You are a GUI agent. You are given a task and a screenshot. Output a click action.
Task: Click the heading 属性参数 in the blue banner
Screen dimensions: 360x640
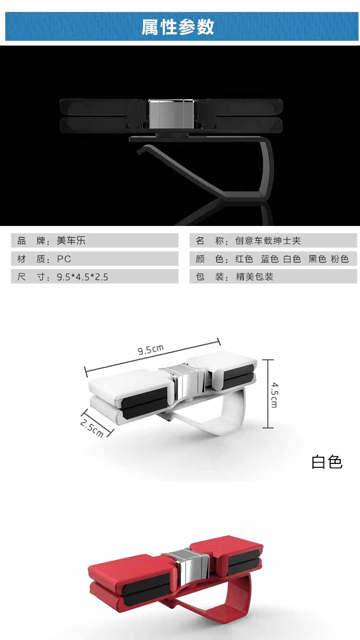pos(178,27)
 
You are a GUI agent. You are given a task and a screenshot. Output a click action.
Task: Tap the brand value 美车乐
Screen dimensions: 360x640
pos(71,240)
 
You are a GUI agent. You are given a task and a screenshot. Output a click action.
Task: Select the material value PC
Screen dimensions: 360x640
pos(64,259)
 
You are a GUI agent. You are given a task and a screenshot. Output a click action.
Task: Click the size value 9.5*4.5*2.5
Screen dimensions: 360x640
pos(83,277)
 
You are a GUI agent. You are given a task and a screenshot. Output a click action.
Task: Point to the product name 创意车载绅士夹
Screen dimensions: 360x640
pos(268,240)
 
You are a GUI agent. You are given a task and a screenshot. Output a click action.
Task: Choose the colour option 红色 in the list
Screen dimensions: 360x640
pos(244,259)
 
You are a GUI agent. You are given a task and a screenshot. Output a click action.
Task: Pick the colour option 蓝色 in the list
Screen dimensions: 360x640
pos(270,259)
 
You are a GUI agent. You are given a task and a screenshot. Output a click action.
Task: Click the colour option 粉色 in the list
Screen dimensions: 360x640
pos(340,259)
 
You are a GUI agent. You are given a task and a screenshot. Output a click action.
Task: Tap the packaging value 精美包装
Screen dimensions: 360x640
pos(254,276)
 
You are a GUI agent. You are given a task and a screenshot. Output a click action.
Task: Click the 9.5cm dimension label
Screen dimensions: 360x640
pos(151,349)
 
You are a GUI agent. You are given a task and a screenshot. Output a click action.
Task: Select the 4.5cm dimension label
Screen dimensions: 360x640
pos(274,394)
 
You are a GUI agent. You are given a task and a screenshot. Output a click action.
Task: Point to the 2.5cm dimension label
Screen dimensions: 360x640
pos(92,428)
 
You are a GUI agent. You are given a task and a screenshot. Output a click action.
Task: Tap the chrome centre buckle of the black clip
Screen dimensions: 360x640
pos(172,113)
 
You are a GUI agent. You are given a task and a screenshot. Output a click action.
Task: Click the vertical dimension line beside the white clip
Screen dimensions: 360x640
pos(268,394)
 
